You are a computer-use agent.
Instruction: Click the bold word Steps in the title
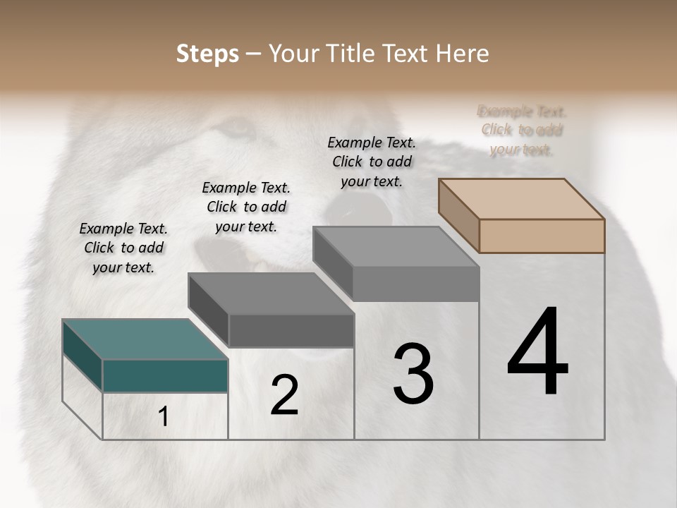(x=207, y=54)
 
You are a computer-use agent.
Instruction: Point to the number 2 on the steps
(x=284, y=395)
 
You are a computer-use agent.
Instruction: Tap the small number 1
(x=164, y=417)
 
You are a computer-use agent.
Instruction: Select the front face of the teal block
(x=165, y=375)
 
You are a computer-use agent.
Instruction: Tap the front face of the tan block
(x=542, y=236)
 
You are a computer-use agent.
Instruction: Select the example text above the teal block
(x=123, y=248)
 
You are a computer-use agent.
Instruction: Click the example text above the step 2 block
(x=246, y=207)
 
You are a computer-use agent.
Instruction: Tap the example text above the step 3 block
(x=372, y=162)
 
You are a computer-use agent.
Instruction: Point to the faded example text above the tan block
(x=522, y=130)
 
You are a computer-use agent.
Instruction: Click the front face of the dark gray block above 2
(x=291, y=330)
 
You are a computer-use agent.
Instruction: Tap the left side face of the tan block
(x=458, y=215)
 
